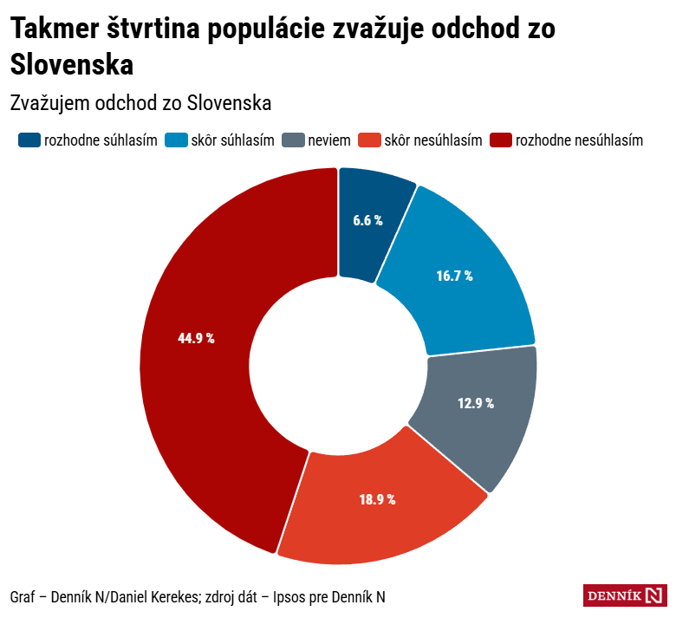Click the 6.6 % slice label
[x=367, y=220]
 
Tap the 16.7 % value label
[x=454, y=276]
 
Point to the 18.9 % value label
[x=377, y=499]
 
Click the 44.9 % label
[x=196, y=338]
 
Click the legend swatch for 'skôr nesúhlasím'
[x=370, y=140]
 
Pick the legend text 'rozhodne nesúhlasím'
[x=579, y=140]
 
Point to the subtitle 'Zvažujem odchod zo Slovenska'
[x=141, y=102]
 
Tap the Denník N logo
[x=625, y=595]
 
